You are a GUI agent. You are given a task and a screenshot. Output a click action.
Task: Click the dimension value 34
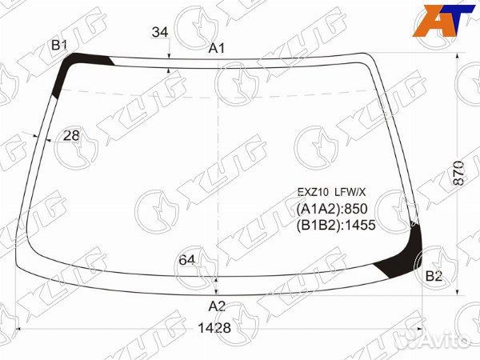click(x=160, y=32)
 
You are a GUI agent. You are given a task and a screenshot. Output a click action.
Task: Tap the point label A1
click(x=217, y=48)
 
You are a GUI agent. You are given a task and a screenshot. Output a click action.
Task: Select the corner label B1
click(x=59, y=46)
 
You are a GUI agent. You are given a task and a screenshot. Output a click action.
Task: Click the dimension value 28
click(x=71, y=135)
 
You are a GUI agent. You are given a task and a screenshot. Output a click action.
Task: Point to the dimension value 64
click(x=186, y=260)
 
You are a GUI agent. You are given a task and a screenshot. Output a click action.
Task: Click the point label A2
click(x=217, y=306)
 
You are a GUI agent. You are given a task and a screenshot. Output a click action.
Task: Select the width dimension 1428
click(x=214, y=328)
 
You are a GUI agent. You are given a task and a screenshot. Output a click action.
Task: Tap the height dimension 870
click(x=458, y=173)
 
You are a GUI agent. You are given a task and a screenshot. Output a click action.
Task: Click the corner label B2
click(x=434, y=276)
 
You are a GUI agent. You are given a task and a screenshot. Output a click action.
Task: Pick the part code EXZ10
click(x=313, y=192)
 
